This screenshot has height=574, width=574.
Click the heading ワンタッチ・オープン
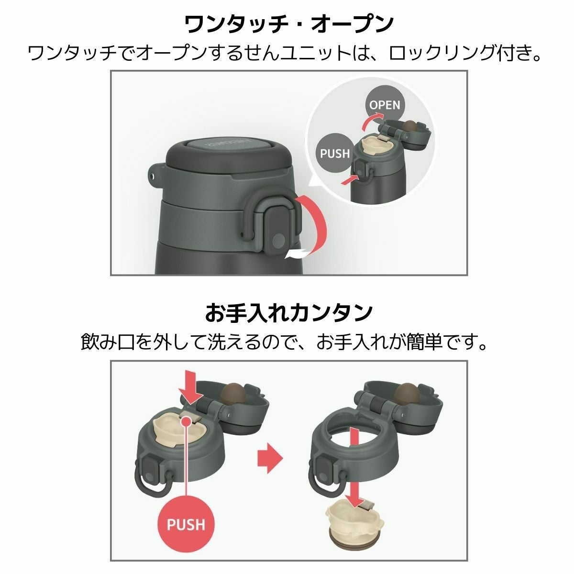coord(288,25)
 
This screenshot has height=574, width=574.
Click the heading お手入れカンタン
coord(288,313)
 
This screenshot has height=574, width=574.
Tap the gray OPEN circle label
coord(384,105)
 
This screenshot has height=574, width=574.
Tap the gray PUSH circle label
coord(335,153)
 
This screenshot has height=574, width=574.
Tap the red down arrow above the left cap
coord(191,387)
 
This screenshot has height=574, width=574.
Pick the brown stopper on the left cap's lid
coord(234,393)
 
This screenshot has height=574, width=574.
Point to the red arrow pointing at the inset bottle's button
coord(349,180)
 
